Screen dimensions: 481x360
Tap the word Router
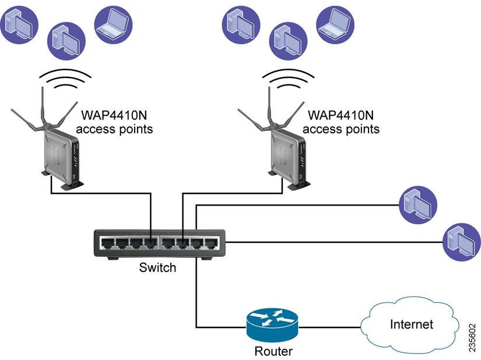point(273,351)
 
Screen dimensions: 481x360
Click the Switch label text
point(157,267)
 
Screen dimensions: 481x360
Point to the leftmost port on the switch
point(107,243)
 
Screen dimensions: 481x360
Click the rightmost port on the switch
point(212,243)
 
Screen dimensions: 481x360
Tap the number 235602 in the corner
point(472,338)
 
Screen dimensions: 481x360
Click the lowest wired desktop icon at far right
point(462,242)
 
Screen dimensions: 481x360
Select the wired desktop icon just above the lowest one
point(418,204)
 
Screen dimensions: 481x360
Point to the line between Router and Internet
point(329,327)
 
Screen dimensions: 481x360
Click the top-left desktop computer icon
point(19,24)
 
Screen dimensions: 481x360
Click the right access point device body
point(289,158)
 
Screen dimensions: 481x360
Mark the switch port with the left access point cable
point(151,243)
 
